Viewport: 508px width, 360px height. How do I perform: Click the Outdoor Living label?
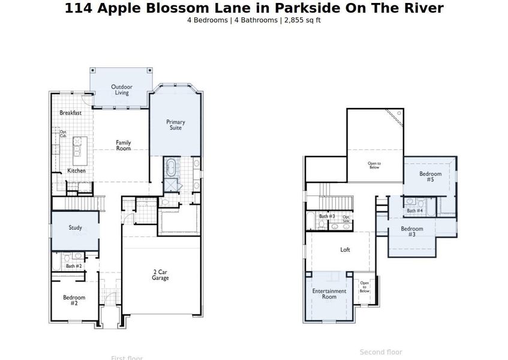[x=122, y=90]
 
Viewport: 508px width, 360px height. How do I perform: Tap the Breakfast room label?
[x=70, y=113]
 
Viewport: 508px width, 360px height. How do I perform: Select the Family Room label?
[x=124, y=145]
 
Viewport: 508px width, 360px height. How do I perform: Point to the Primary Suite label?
[x=176, y=125]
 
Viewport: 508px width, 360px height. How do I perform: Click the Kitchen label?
[x=76, y=171]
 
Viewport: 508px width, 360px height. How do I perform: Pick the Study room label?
[x=75, y=228]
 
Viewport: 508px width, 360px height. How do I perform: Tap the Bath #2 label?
[x=74, y=266]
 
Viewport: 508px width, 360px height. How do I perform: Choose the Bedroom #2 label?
[x=74, y=300]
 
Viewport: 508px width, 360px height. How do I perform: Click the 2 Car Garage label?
[x=160, y=275]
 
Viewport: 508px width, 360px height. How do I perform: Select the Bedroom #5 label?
[x=430, y=177]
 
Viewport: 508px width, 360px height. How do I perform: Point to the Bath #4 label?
[x=415, y=211]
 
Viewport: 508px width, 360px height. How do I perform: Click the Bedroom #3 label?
[x=412, y=232]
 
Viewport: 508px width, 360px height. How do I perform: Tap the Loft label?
[x=345, y=250]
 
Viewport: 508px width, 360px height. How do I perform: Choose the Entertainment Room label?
[x=329, y=294]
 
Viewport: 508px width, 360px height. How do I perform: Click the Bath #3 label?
[x=327, y=216]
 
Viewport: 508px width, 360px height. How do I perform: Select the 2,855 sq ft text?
[x=303, y=20]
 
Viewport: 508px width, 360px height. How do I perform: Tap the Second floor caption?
[x=381, y=352]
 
